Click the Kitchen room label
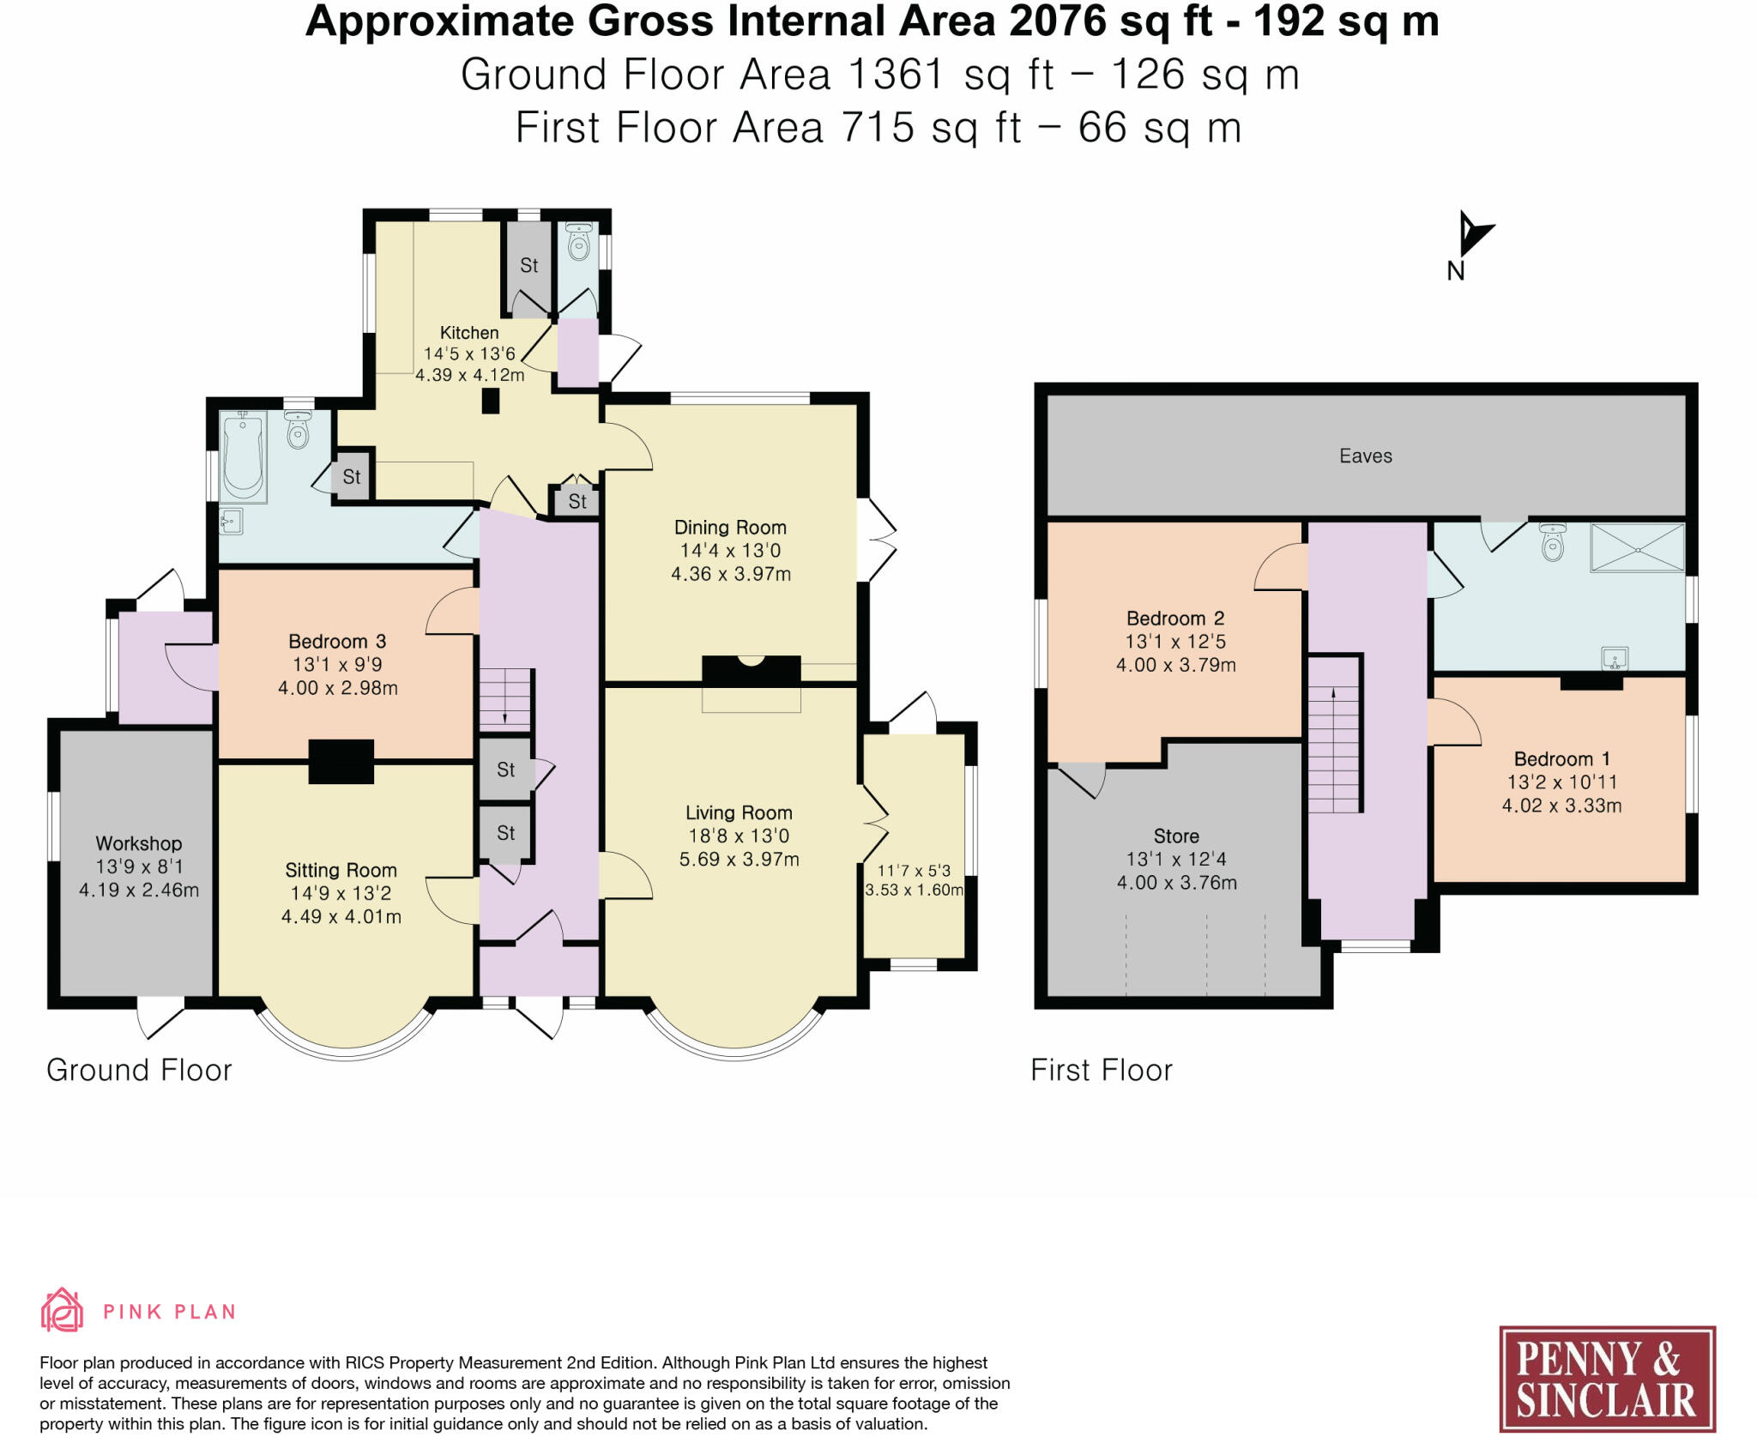click(x=469, y=333)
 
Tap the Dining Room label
click(x=730, y=528)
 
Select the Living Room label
click(x=739, y=813)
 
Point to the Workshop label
click(x=139, y=844)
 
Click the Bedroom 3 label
click(x=337, y=642)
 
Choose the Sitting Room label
click(x=341, y=871)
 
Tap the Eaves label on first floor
click(x=1366, y=456)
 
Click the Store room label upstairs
click(x=1176, y=836)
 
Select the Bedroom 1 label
click(x=1561, y=759)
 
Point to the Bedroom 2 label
click(x=1175, y=619)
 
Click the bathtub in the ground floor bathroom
click(x=244, y=456)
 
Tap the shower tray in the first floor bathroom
click(x=1638, y=547)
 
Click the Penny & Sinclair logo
click(x=1607, y=1379)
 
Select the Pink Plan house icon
click(x=63, y=1310)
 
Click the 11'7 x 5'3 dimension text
click(x=914, y=871)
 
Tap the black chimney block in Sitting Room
click(x=341, y=762)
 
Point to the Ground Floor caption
click(x=139, y=1071)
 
